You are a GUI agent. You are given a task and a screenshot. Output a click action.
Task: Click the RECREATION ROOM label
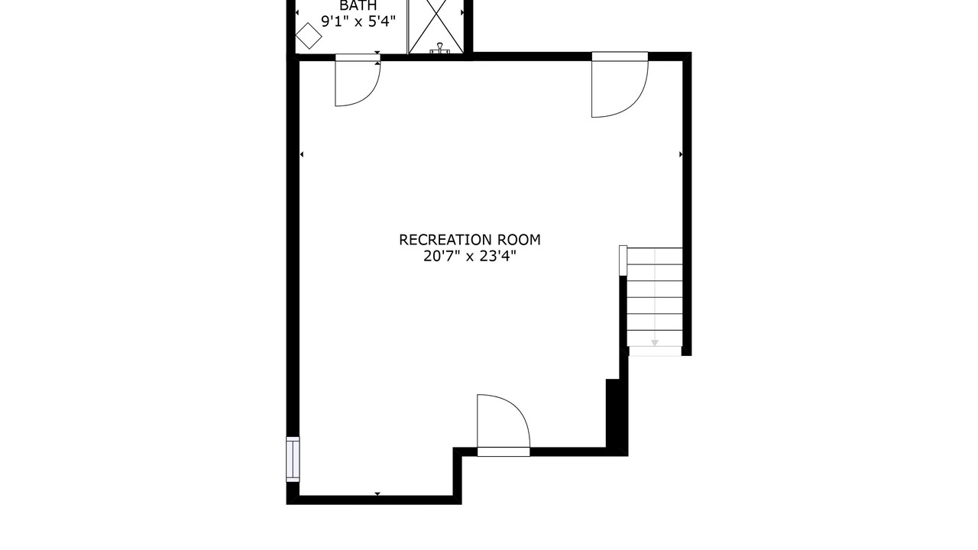470,240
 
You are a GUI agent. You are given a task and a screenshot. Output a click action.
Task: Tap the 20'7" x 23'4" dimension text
470,256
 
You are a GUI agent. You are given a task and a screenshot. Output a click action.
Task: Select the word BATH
358,5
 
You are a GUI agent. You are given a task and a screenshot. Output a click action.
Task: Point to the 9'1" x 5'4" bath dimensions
358,21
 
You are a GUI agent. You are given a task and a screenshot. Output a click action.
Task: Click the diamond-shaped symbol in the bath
309,36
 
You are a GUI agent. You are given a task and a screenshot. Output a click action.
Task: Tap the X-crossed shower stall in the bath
436,26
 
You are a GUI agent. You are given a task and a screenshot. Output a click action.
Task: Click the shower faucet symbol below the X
439,48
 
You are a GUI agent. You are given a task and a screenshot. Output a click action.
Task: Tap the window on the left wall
293,459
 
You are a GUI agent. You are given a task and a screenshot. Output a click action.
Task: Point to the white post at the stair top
623,260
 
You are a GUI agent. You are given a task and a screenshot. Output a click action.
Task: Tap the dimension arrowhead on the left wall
302,154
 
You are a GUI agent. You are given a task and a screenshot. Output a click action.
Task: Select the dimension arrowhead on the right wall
681,154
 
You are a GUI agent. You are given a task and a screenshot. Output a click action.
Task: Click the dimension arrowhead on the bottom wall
377,493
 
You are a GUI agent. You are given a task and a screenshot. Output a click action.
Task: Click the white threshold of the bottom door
504,451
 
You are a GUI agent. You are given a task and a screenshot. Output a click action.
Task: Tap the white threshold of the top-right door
620,57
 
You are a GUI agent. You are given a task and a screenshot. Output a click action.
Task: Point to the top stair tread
655,256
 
